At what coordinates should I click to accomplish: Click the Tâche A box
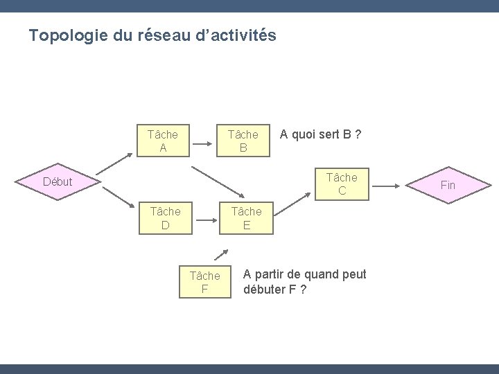pyautogui.click(x=164, y=140)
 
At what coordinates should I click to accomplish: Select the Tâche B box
pyautogui.click(x=243, y=140)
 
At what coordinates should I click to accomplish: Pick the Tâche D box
pyautogui.click(x=165, y=218)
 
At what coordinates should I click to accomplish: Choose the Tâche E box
pyautogui.click(x=247, y=218)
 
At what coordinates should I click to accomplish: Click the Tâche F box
pyautogui.click(x=204, y=282)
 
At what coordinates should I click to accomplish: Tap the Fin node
pyautogui.click(x=448, y=186)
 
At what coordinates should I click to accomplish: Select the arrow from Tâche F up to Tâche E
pyautogui.click(x=221, y=254)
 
